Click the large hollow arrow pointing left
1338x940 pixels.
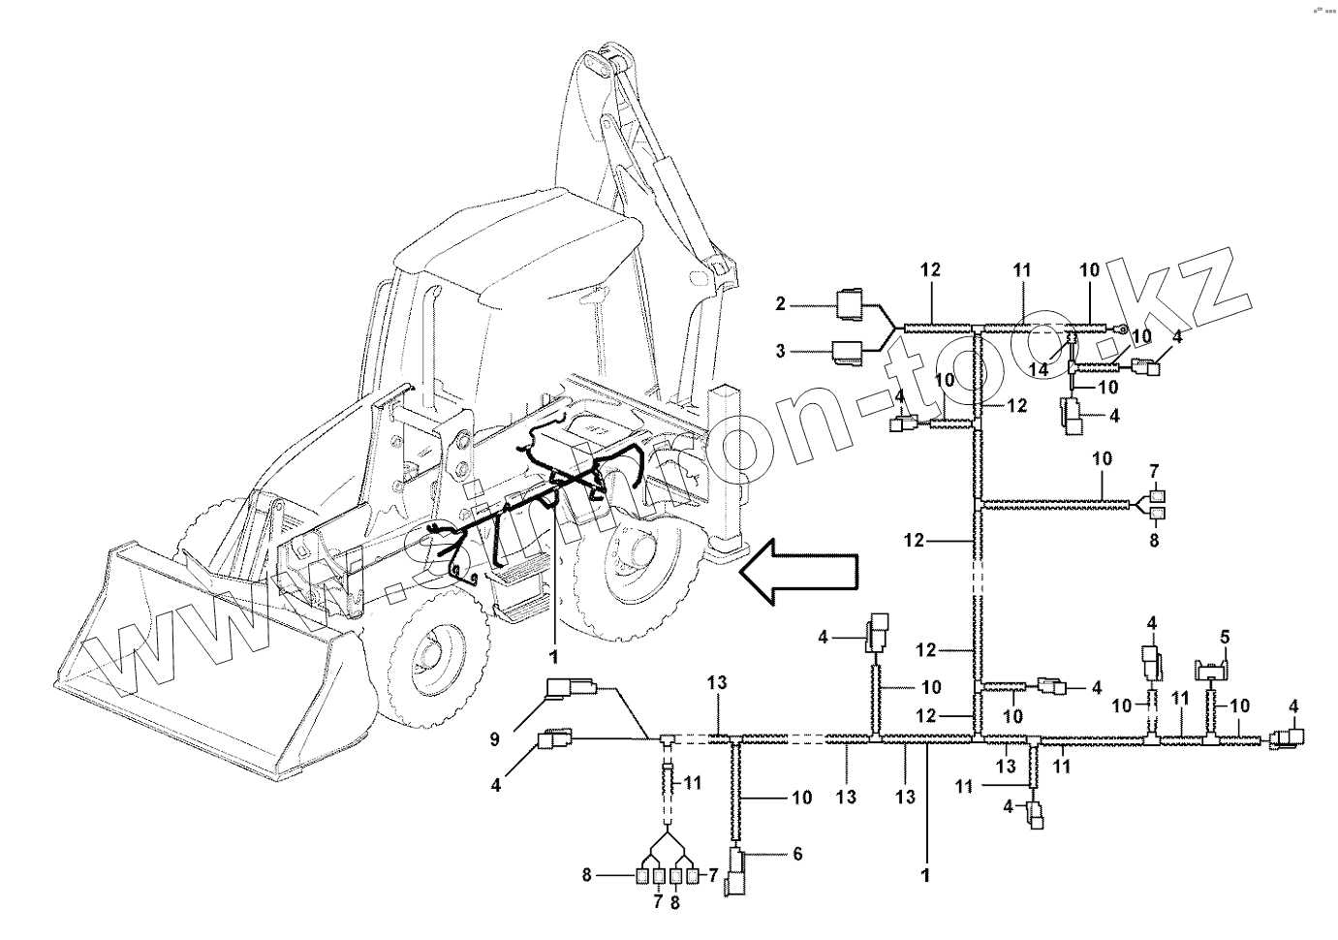point(796,574)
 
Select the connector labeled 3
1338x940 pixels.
point(851,353)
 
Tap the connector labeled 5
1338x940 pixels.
point(1210,669)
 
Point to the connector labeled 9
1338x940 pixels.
point(567,689)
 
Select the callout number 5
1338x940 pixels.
point(1225,637)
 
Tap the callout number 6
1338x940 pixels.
point(797,854)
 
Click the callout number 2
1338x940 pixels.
point(780,305)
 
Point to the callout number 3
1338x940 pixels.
point(780,352)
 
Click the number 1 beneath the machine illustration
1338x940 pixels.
point(554,657)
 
